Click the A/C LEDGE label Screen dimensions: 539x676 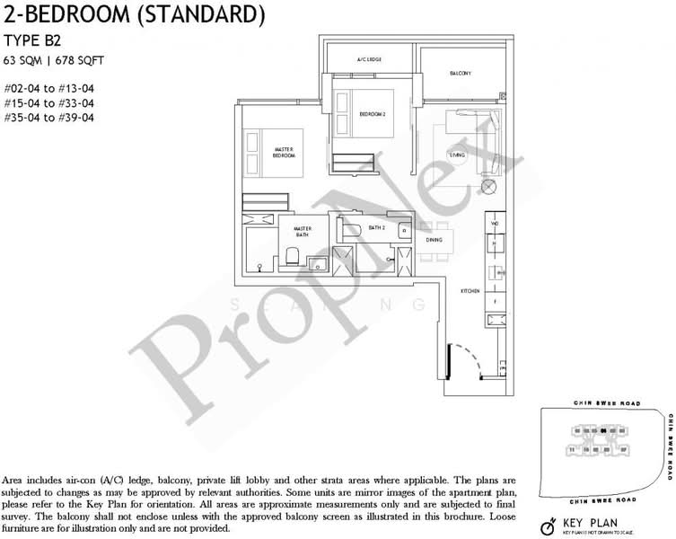pyautogui.click(x=370, y=59)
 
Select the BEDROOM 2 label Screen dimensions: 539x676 pyautogui.click(x=372, y=114)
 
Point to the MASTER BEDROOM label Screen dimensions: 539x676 pyautogui.click(x=285, y=152)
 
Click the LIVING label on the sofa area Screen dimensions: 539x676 pyautogui.click(x=458, y=155)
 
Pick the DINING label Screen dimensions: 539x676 pyautogui.click(x=434, y=240)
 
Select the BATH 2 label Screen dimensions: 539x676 pyautogui.click(x=375, y=228)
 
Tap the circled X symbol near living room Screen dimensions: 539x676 pyautogui.click(x=488, y=187)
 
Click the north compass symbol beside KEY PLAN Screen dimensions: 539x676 pyautogui.click(x=545, y=525)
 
